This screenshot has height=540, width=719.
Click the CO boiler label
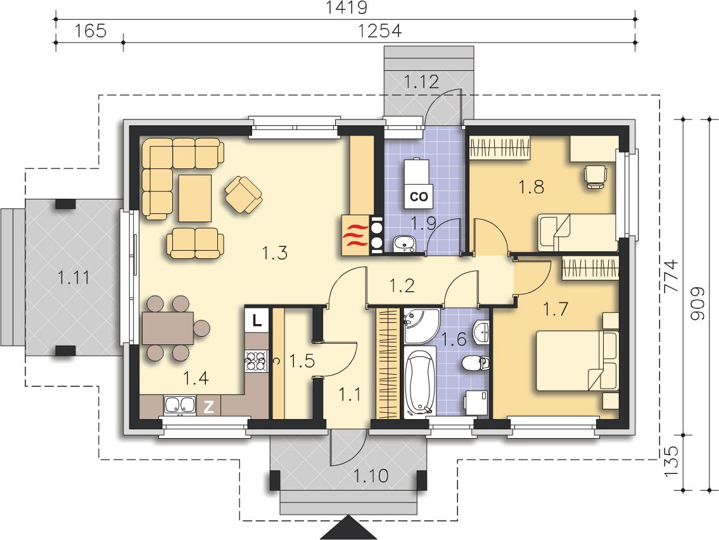[x=419, y=196]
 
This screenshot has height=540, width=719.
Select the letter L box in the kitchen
[x=257, y=319]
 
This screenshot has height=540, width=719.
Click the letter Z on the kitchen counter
[x=208, y=406]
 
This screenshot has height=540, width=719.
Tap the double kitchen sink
[x=179, y=405]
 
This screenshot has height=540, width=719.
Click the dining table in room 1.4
[x=168, y=327]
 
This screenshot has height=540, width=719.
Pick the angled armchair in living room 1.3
[x=243, y=194]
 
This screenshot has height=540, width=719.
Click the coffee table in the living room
[x=195, y=198]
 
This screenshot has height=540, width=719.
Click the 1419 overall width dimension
[x=347, y=7]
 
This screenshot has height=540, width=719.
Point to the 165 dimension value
[x=91, y=31]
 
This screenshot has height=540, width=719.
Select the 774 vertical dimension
[x=670, y=276]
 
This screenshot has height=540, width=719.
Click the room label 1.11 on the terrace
[x=74, y=277]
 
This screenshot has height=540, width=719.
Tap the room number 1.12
[x=421, y=82]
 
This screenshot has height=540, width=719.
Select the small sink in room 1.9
[x=404, y=244]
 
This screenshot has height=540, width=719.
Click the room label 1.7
[x=556, y=309]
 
